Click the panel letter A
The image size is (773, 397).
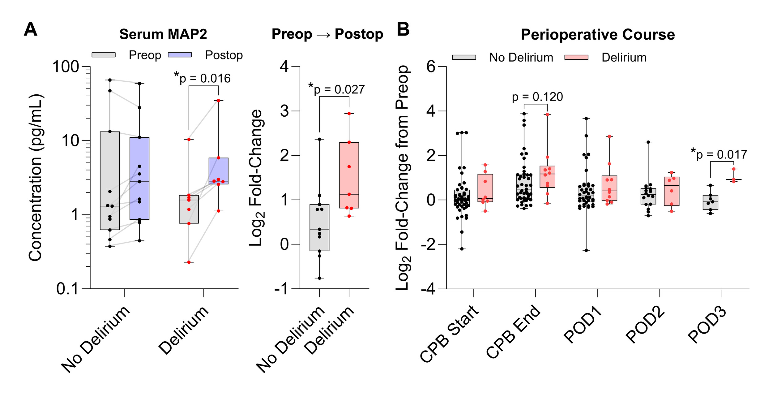[x=30, y=30]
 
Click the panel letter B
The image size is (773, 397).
[x=403, y=30]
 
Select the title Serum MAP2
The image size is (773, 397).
[x=163, y=34]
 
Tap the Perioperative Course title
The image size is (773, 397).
[x=598, y=35]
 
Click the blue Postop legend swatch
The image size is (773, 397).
[x=180, y=55]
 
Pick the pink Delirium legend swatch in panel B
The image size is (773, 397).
[x=576, y=58]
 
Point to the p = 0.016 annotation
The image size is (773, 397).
[x=203, y=78]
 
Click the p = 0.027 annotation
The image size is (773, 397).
[x=337, y=89]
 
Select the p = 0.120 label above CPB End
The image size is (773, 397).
[x=537, y=97]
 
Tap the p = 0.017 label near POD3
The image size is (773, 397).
[x=719, y=154]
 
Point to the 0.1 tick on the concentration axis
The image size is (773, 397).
[x=67, y=289]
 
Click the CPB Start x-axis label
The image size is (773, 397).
[x=449, y=334]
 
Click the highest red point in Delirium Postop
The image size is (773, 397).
[x=218, y=101]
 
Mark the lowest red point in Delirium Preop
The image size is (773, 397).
[x=189, y=262]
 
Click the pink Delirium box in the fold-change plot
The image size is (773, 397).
[x=349, y=175]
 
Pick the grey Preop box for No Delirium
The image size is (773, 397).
[x=110, y=181]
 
